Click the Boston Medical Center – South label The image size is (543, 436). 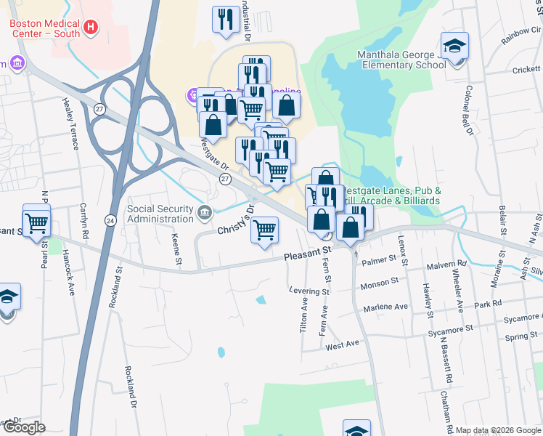click(45, 28)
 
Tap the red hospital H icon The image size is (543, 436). click(91, 28)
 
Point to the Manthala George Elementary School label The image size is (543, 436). click(401, 60)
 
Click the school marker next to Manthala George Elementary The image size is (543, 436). click(454, 49)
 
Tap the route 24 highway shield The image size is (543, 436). click(110, 219)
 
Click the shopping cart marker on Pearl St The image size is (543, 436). click(36, 221)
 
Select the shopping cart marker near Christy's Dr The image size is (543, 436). click(265, 230)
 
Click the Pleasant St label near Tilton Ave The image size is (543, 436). click(307, 255)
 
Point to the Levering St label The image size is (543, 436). click(310, 291)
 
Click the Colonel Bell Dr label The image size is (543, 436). click(468, 112)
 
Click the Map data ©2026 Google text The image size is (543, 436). click(498, 430)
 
